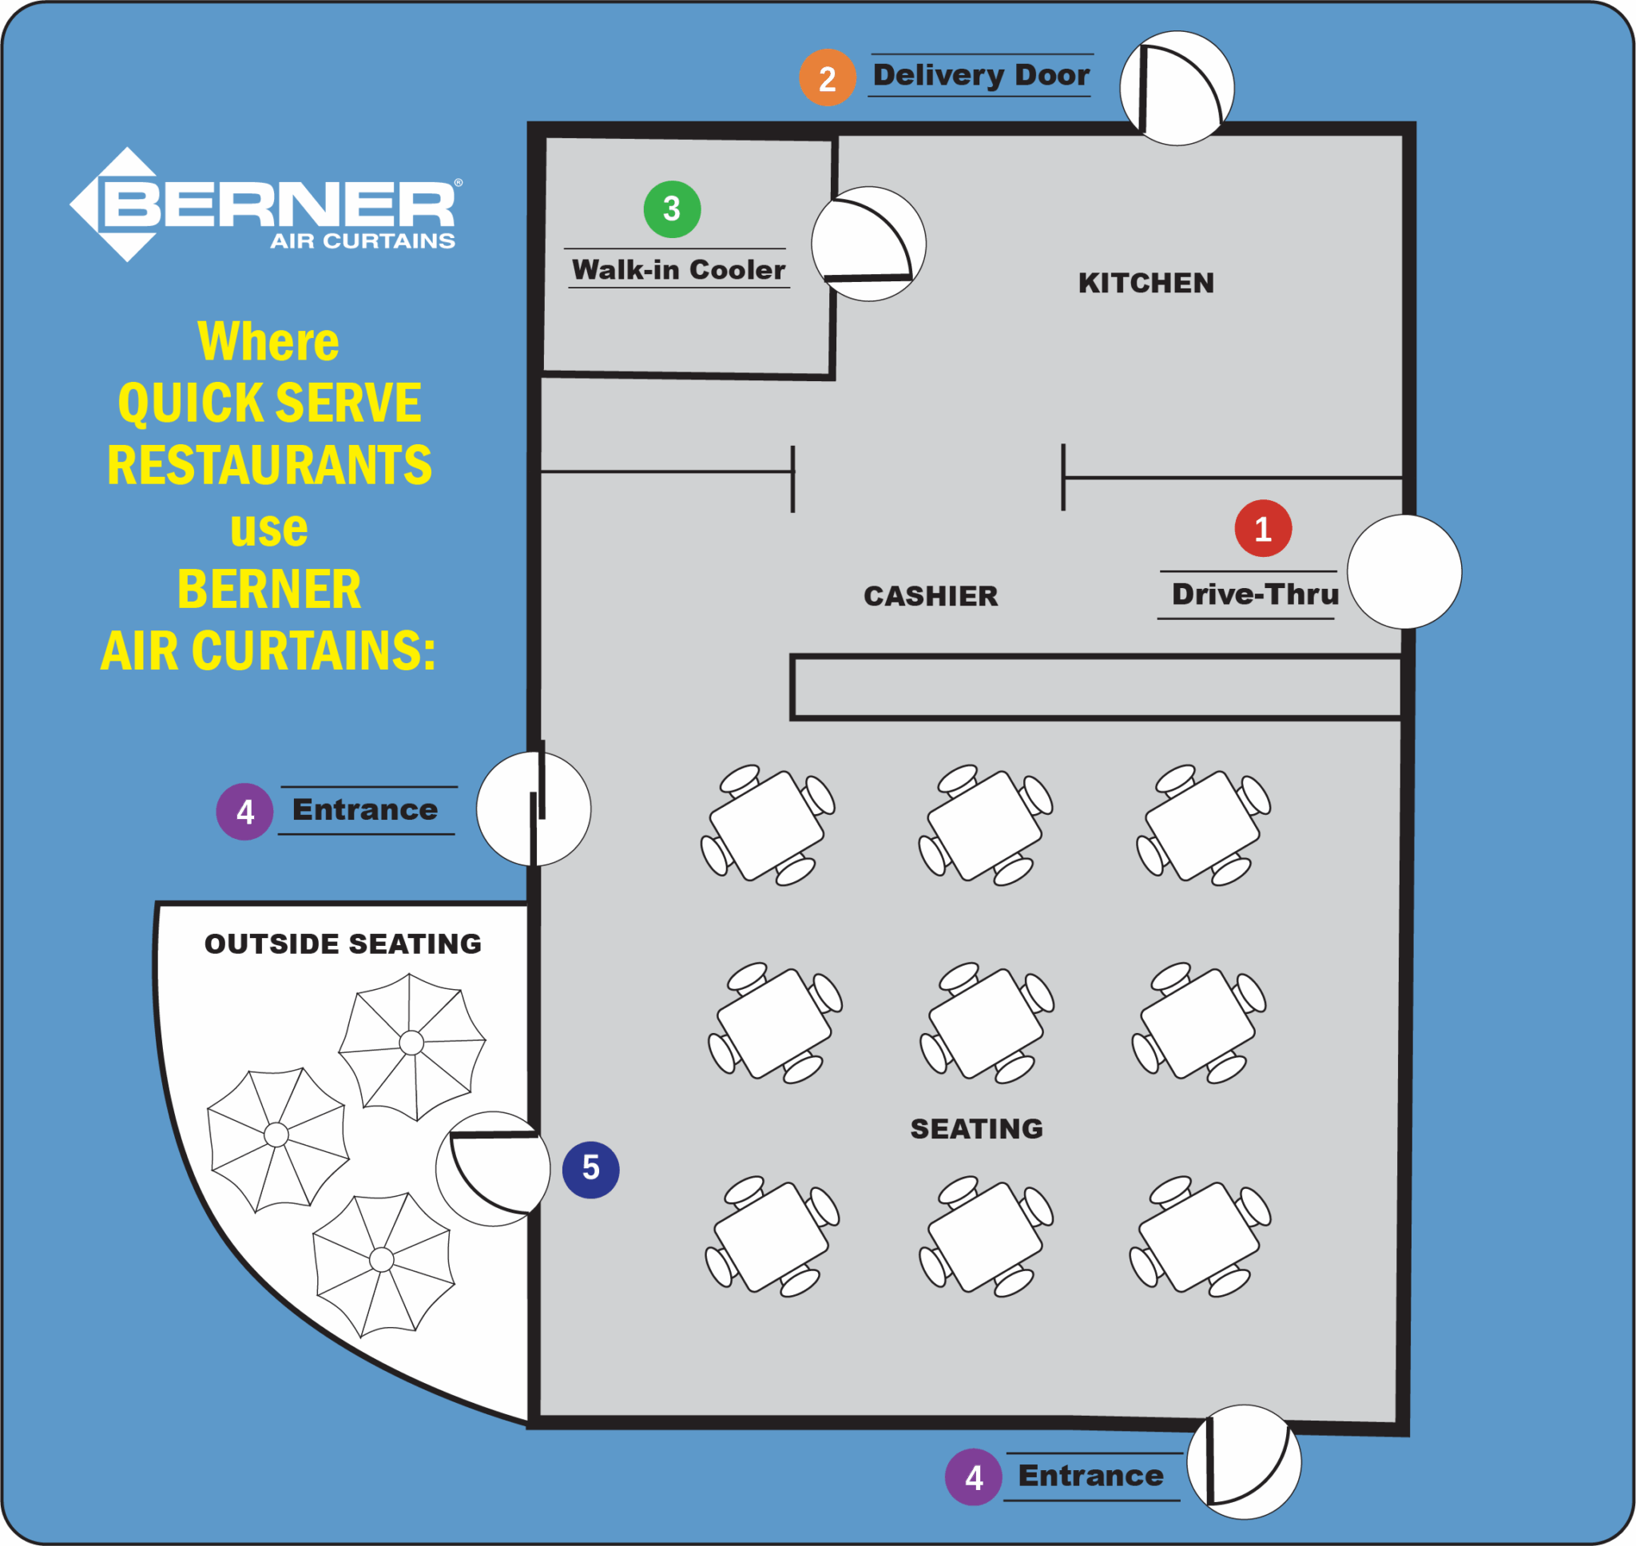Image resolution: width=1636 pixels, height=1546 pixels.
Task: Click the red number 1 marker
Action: [x=1263, y=528]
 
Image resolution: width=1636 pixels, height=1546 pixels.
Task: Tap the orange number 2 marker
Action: [x=827, y=78]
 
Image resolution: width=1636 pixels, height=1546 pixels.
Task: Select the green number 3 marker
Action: [x=672, y=209]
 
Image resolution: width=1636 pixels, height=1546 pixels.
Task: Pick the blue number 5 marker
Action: [x=590, y=1170]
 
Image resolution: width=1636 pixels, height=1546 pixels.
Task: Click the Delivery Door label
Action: [x=980, y=75]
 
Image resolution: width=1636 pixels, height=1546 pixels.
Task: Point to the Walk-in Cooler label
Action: [x=678, y=269]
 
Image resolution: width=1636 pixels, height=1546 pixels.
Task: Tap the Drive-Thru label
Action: [x=1255, y=594]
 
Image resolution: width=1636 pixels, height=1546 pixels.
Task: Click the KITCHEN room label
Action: [x=1146, y=284]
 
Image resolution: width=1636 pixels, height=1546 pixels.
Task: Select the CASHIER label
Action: [x=931, y=596]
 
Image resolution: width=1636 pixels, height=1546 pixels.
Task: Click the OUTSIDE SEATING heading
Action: [x=343, y=944]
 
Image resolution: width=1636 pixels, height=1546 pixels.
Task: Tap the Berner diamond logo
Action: [x=127, y=205]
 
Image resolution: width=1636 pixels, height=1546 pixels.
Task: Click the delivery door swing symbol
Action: [x=1177, y=88]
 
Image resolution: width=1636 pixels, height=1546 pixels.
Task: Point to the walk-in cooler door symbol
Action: [x=868, y=244]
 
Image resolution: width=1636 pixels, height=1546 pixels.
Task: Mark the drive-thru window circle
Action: [x=1404, y=572]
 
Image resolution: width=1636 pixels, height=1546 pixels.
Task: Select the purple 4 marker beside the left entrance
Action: [x=244, y=812]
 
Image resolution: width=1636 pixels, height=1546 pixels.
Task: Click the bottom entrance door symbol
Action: [x=1244, y=1462]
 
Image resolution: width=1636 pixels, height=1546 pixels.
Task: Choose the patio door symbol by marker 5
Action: [x=493, y=1169]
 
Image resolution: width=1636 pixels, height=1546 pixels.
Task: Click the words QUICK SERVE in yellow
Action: [x=269, y=403]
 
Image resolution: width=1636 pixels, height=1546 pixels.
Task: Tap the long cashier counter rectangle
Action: [x=1096, y=687]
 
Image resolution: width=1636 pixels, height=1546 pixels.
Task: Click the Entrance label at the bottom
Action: [x=1090, y=1475]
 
